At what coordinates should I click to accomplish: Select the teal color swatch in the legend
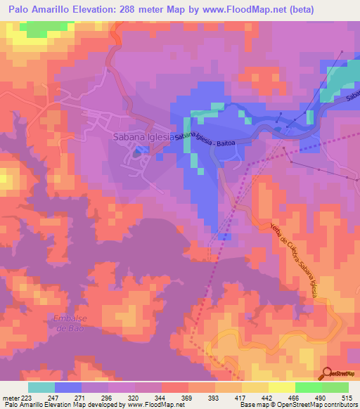pos(41,387)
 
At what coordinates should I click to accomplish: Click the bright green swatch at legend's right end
pos(335,387)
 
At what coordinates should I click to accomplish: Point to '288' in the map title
pos(134,8)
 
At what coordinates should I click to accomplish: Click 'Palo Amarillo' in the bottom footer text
pos(25,405)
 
